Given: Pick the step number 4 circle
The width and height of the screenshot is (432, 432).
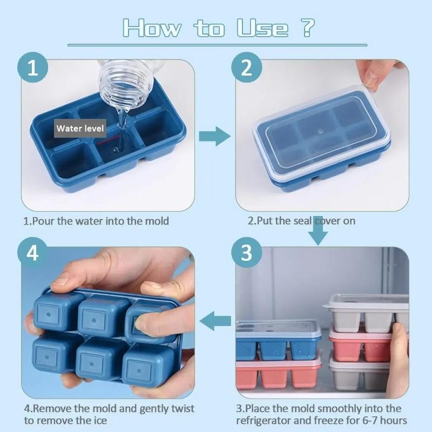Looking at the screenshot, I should pyautogui.click(x=33, y=253).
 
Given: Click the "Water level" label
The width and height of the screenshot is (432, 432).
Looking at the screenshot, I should pyautogui.click(x=80, y=129).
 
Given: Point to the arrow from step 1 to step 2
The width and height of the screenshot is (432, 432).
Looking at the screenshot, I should pyautogui.click(x=214, y=136).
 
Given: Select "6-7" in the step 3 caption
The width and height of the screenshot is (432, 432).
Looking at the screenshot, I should pyautogui.click(x=355, y=421).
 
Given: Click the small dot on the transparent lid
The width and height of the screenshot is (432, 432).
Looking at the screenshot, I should pyautogui.click(x=319, y=131).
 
